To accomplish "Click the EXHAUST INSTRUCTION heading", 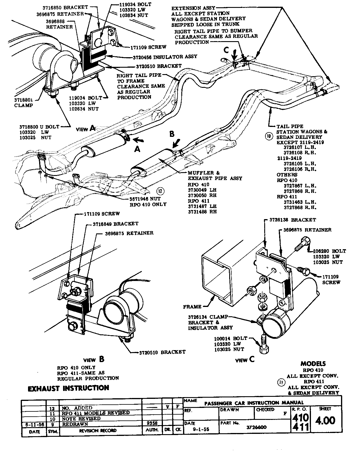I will click(x=68, y=388).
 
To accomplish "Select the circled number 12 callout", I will click(x=160, y=191).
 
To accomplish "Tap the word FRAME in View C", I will click(x=192, y=307).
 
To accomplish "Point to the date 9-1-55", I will click(x=201, y=429).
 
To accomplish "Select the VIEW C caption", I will click(x=245, y=360).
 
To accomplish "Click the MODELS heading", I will click(x=313, y=364).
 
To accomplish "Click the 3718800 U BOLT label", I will click(x=39, y=127).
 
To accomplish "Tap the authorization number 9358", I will click(x=151, y=423).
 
